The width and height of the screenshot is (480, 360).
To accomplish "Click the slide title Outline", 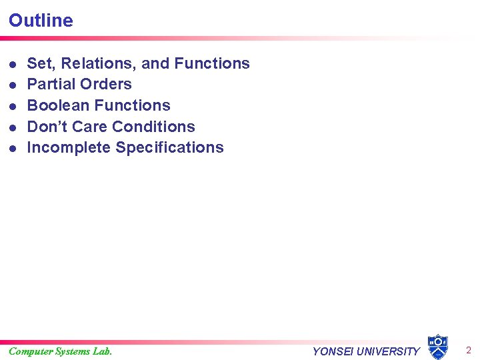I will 41,20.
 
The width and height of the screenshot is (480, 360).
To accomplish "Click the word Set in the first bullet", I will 38,63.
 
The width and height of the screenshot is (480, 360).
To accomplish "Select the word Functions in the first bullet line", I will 211,63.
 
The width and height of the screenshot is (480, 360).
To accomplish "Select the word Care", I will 89,127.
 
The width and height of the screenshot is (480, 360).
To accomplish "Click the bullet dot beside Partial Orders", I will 13,85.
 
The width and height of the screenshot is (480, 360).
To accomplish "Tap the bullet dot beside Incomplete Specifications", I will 13,148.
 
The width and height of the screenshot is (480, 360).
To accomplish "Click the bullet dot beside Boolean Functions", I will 13,106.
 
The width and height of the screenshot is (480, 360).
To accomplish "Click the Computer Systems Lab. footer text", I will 60,351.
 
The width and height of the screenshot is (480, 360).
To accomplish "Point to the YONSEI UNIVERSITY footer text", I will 366,351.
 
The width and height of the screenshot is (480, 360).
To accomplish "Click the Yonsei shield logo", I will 437,347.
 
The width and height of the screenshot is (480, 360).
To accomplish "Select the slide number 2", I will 468,351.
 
